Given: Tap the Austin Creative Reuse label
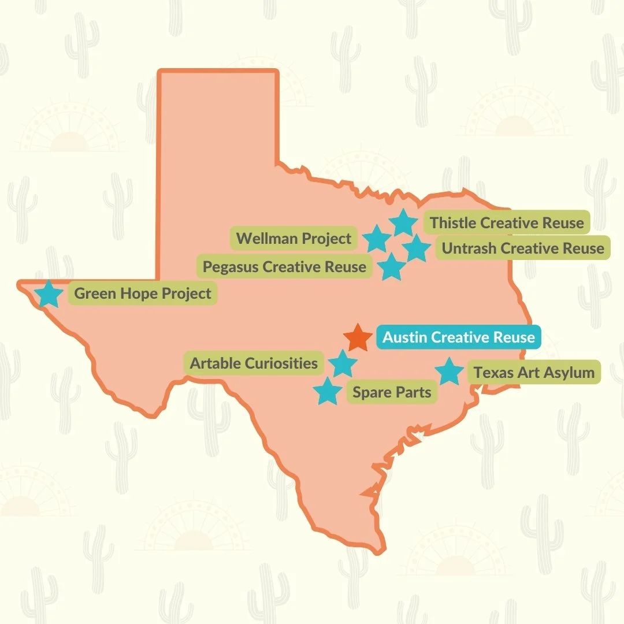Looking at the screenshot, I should pyautogui.click(x=459, y=337).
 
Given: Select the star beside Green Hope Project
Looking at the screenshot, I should pyautogui.click(x=49, y=294).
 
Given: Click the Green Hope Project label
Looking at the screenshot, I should pyautogui.click(x=143, y=294).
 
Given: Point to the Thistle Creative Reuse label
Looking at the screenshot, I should pyautogui.click(x=507, y=222).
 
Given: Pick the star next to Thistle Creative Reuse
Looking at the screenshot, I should pyautogui.click(x=403, y=223).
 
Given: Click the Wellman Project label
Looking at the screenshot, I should pyautogui.click(x=294, y=238).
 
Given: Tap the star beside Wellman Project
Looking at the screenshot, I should pyautogui.click(x=377, y=239).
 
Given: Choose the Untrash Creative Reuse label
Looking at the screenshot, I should pyautogui.click(x=523, y=248).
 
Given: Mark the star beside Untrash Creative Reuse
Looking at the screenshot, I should pyautogui.click(x=416, y=248).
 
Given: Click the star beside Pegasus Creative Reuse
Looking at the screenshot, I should pyautogui.click(x=392, y=267).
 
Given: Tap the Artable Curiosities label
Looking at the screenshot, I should pyautogui.click(x=254, y=363).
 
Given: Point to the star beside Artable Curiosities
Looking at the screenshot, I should pyautogui.click(x=343, y=364).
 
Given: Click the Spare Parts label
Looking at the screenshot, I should pyautogui.click(x=392, y=392).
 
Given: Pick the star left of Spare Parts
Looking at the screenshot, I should pyautogui.click(x=328, y=392).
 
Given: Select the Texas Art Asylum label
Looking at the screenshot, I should pyautogui.click(x=534, y=372).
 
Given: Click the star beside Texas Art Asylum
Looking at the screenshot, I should pyautogui.click(x=449, y=372).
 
